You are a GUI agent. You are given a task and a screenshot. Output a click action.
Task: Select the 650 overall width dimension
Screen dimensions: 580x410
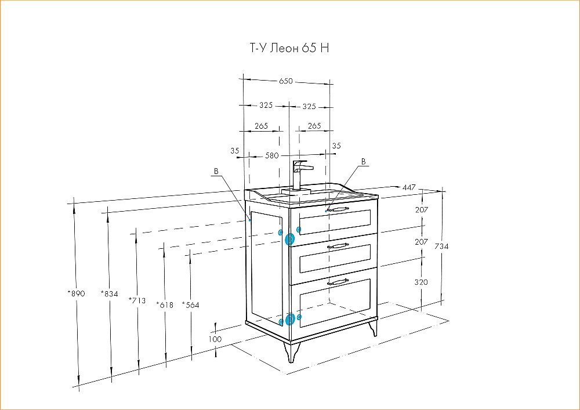pyautogui.click(x=286, y=81)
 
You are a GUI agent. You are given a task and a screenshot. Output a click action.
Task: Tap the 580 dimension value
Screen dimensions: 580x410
pyautogui.click(x=272, y=155)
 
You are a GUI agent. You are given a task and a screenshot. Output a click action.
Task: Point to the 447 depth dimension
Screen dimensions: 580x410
pyautogui.click(x=409, y=187)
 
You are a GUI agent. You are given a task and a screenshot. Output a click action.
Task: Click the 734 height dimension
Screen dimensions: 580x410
pyautogui.click(x=441, y=246)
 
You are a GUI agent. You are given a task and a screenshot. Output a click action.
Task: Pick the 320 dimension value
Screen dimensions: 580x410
pyautogui.click(x=421, y=282)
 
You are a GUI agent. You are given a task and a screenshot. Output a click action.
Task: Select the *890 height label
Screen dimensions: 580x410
pyautogui.click(x=76, y=293)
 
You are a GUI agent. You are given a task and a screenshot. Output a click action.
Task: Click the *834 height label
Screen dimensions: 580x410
pyautogui.click(x=109, y=294)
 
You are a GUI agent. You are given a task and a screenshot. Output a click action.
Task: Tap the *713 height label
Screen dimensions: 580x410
pyautogui.click(x=137, y=300)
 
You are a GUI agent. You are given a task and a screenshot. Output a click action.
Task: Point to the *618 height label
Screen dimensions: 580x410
pyautogui.click(x=165, y=305)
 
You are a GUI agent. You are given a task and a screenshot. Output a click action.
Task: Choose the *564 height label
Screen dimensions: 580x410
pyautogui.click(x=190, y=305)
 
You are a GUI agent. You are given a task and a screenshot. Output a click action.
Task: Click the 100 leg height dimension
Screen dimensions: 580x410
pyautogui.click(x=215, y=339)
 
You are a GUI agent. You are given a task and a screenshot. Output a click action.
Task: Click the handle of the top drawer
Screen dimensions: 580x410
pyautogui.click(x=338, y=210)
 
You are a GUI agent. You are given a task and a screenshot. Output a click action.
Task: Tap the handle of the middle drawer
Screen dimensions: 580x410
pyautogui.click(x=338, y=245)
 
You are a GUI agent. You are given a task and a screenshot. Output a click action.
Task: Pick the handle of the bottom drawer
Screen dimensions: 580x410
pyautogui.click(x=338, y=282)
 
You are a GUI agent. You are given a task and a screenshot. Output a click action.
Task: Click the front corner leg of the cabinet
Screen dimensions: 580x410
pyautogui.click(x=291, y=352)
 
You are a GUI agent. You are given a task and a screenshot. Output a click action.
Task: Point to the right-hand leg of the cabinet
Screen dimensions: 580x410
pyautogui.click(x=373, y=328)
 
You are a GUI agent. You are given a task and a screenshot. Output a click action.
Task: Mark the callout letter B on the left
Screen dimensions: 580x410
pyautogui.click(x=216, y=171)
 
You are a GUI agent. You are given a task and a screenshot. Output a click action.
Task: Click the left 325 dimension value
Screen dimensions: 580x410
pyautogui.click(x=266, y=106)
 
